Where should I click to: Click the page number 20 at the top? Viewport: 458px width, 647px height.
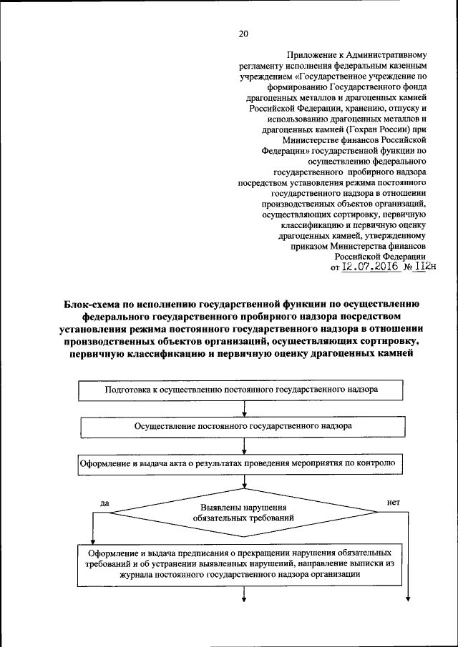coord(243,34)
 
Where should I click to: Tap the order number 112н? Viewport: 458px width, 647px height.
coord(424,267)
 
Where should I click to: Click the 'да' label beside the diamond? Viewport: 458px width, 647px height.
coord(105,503)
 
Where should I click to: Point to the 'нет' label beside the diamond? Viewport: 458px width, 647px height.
coord(393,503)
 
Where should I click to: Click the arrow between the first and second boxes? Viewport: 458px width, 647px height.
coord(245,409)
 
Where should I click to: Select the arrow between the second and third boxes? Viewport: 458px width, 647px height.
coord(245,445)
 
